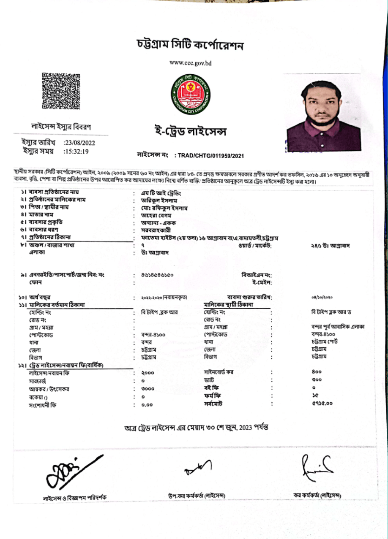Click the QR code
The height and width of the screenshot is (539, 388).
[x=61, y=91]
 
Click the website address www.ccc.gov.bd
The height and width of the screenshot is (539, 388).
[x=190, y=63]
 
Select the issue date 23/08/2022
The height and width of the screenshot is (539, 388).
[x=79, y=143]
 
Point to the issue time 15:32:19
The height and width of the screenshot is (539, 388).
[x=76, y=151]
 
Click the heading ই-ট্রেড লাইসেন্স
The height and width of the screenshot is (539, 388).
[x=190, y=132]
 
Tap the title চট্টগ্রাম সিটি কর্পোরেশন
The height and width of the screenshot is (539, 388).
[x=190, y=45]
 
